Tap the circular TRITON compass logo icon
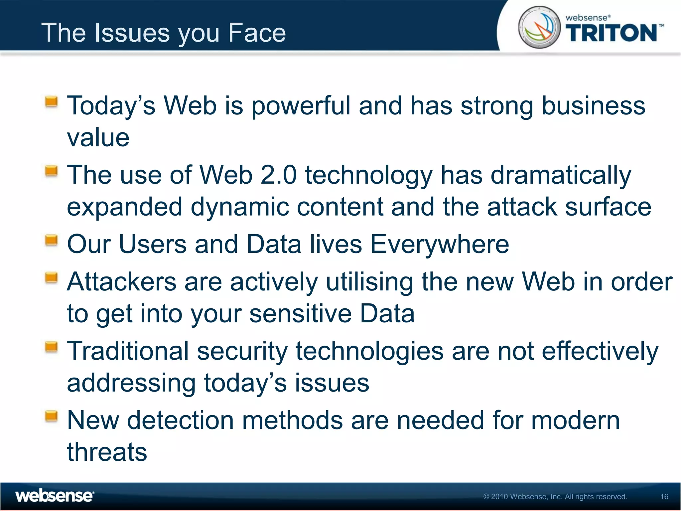coord(539,27)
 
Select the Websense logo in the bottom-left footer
coord(55,496)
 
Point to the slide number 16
coord(664,497)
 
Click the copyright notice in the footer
coord(555,497)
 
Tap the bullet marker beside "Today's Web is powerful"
coord(51,101)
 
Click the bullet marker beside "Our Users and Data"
coord(51,240)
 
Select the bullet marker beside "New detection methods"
coord(51,416)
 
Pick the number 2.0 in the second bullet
coord(278,175)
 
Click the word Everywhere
coord(439,244)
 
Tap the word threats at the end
coord(107,452)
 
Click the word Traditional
coord(128,351)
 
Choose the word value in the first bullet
coord(98,138)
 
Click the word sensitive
coord(300,314)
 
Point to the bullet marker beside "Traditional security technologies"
coord(51,347)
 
